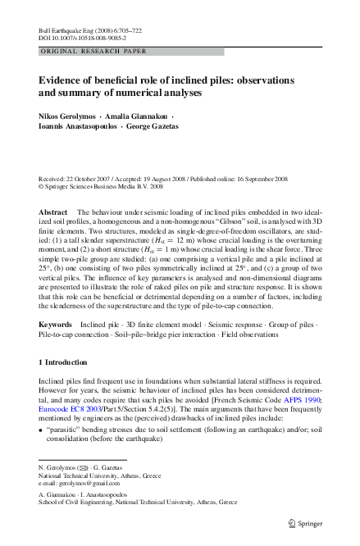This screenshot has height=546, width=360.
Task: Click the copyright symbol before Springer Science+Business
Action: click(42, 185)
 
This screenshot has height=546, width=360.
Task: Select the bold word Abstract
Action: click(53, 212)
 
